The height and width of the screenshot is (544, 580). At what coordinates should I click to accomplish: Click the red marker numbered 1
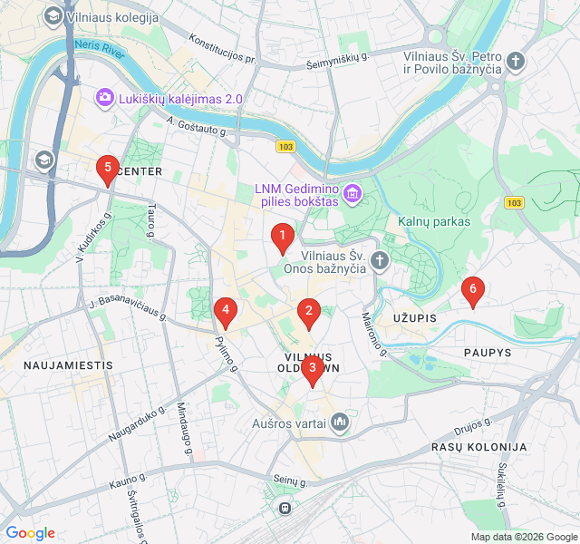pos(282,238)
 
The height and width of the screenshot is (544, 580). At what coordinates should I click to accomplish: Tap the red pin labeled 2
pos(309,314)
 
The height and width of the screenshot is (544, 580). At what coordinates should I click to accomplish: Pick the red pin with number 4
pos(225,311)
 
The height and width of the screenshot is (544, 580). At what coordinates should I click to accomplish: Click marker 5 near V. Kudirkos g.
pos(108,169)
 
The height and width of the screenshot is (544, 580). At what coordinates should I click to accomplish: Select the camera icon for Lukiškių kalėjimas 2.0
pos(105,97)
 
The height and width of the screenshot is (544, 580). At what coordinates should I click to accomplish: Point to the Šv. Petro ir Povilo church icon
pos(516,62)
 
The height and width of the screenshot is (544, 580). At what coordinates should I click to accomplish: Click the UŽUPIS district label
pos(415,318)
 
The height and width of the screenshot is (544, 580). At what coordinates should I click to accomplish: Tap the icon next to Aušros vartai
pos(340,423)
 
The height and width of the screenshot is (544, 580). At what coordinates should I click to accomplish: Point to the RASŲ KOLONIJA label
pos(478,447)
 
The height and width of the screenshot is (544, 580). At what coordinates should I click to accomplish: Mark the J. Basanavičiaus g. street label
pos(129,309)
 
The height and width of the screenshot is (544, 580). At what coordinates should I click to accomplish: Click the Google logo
pos(30,533)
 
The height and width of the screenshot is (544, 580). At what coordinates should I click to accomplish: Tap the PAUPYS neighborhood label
pos(488,352)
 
